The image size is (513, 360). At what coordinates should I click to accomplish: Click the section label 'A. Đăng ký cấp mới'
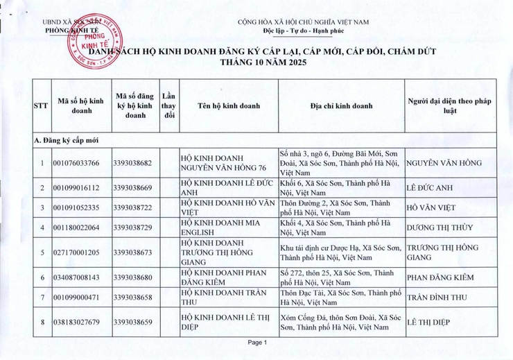[67, 139]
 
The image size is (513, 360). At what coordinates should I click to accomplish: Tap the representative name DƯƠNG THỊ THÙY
[440, 228]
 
